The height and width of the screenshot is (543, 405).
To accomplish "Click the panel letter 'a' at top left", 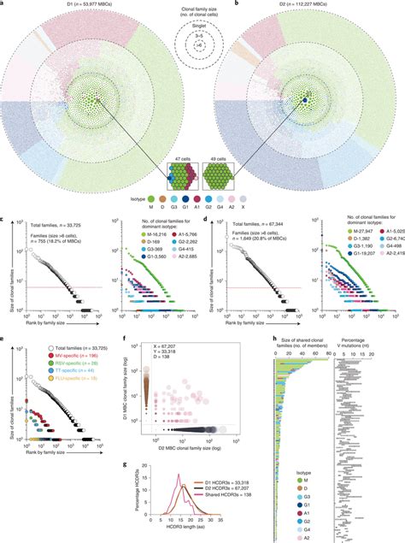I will [x=3, y=4].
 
